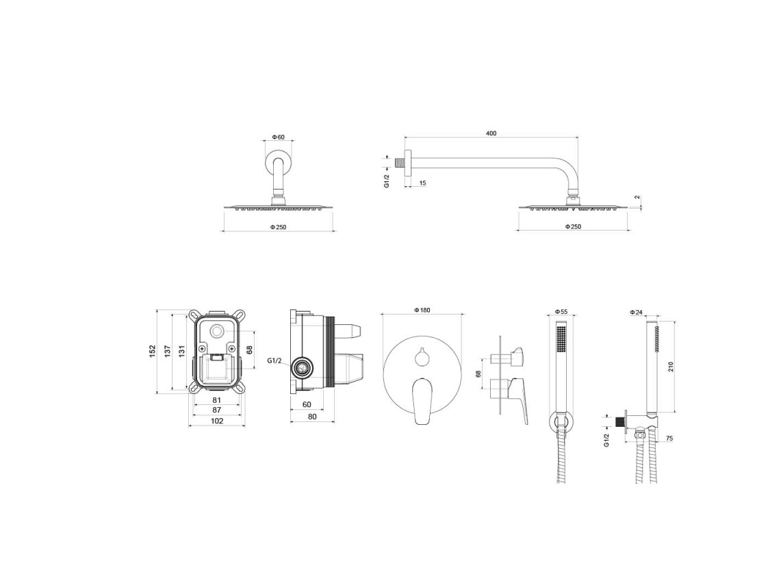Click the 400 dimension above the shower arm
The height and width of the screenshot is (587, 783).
tap(491, 133)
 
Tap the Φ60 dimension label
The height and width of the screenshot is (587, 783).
tap(278, 136)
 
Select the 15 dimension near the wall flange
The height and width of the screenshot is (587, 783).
tap(422, 183)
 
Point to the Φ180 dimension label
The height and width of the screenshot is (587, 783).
tap(422, 310)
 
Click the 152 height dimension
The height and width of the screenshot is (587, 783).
tap(153, 352)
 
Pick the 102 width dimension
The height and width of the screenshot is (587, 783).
tap(217, 421)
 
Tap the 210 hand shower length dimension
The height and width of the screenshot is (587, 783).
tap(671, 367)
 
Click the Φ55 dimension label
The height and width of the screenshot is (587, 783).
tap(561, 311)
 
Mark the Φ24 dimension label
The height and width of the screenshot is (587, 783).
tap(637, 312)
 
